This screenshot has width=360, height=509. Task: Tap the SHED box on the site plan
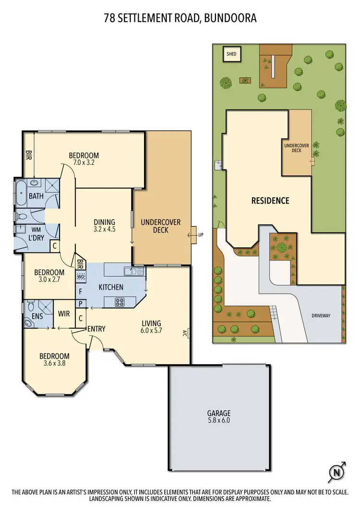click(x=232, y=54)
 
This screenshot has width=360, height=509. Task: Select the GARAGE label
click(x=219, y=413)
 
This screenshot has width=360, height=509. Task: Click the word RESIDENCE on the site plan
click(x=270, y=201)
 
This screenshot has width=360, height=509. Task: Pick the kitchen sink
click(x=133, y=272)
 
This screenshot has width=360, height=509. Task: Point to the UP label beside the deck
click(x=201, y=235)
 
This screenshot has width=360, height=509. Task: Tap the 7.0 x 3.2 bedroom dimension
click(x=84, y=163)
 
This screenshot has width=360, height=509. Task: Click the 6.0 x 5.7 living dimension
click(x=151, y=331)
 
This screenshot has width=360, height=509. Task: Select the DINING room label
click(x=104, y=222)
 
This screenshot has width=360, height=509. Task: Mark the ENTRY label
click(x=96, y=329)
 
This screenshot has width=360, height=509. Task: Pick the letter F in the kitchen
click(x=81, y=291)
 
